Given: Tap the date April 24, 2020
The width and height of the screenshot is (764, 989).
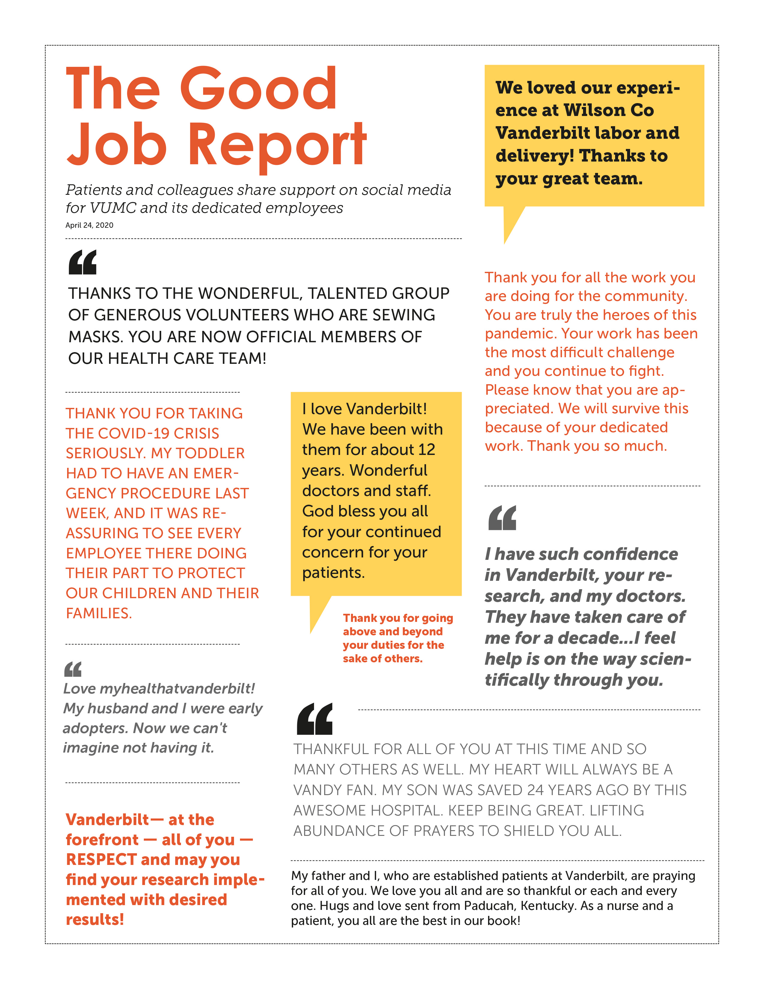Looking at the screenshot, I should (89, 225).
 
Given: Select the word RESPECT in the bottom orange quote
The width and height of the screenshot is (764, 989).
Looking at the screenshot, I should (101, 860).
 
